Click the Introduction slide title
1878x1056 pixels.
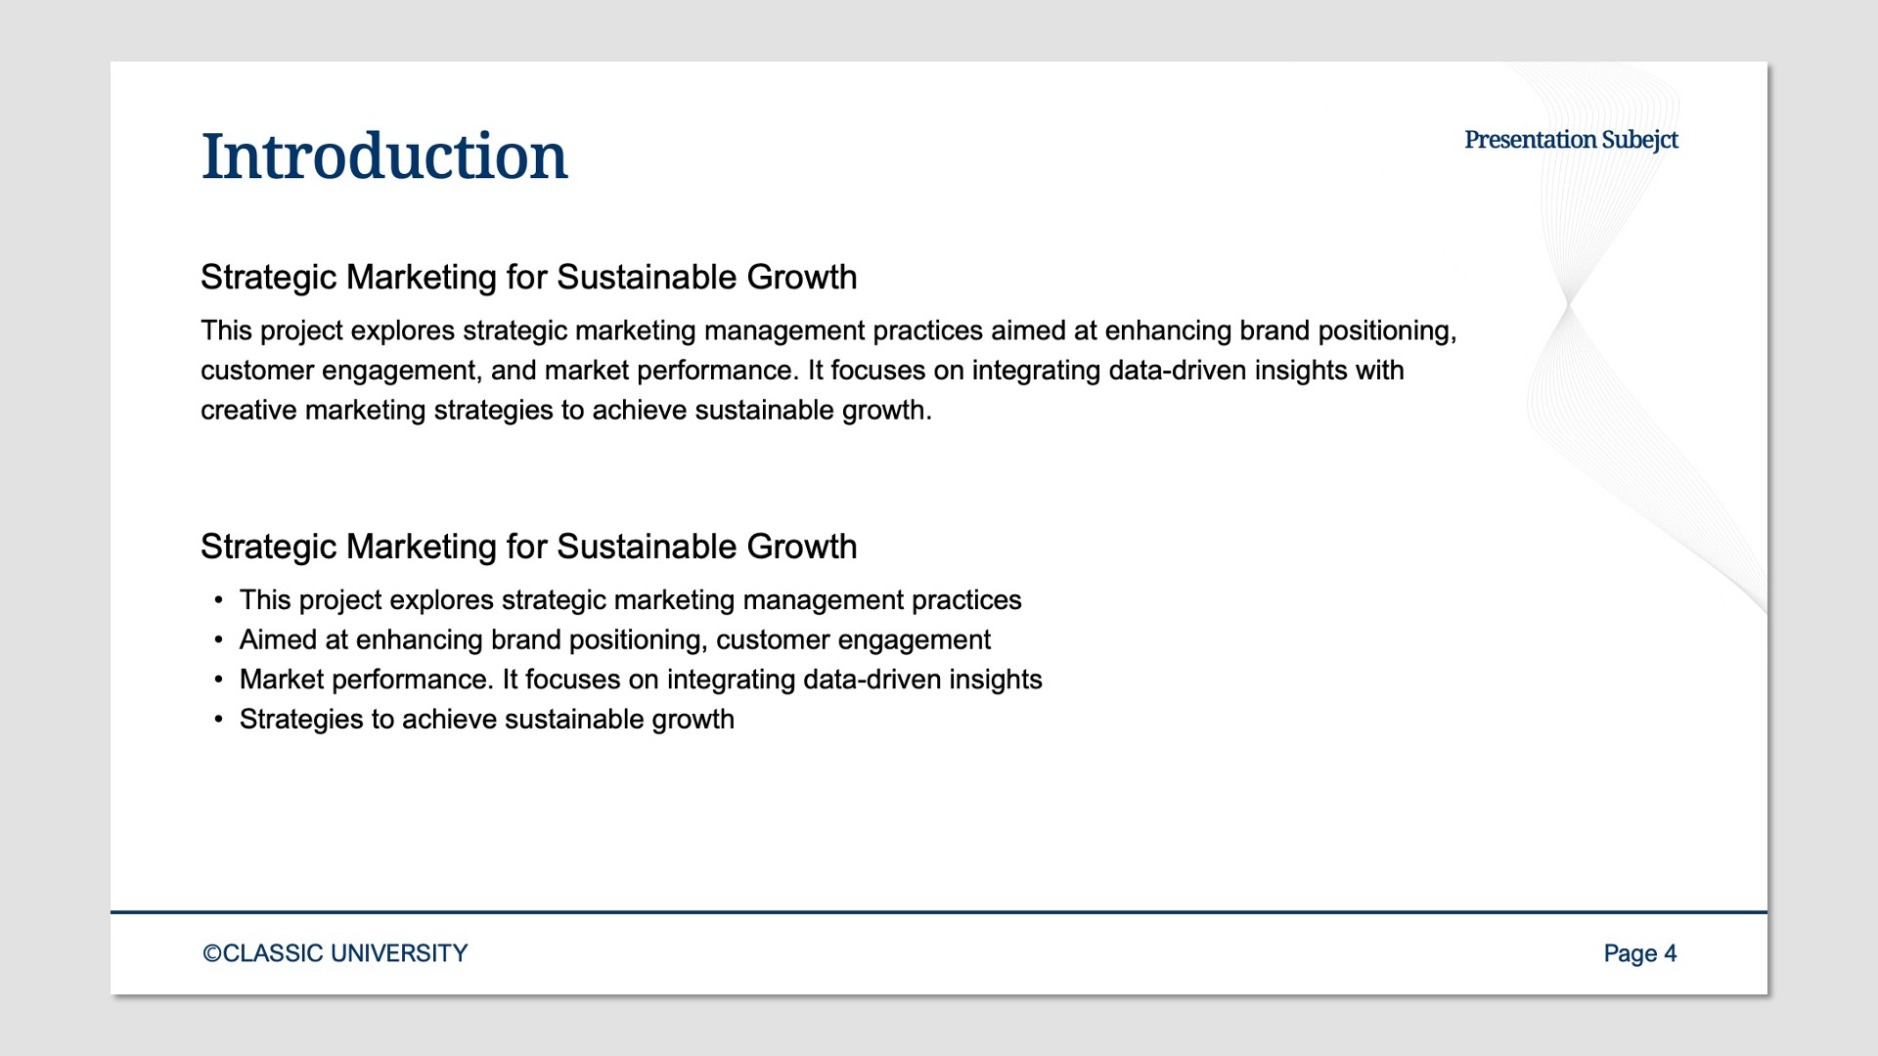(x=383, y=156)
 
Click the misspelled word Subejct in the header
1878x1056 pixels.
(x=1639, y=140)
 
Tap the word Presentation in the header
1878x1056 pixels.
(x=1530, y=140)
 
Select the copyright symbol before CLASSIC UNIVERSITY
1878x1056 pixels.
(x=211, y=953)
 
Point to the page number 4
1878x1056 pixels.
(x=1670, y=953)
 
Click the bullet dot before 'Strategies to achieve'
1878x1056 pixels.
(x=218, y=720)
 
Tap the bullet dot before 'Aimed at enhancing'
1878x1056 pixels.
(x=218, y=640)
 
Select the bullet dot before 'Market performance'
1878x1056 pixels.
(x=218, y=680)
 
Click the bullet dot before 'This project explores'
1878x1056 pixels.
(x=218, y=600)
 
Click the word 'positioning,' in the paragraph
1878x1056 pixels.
(x=1387, y=331)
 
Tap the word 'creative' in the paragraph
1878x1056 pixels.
(x=248, y=410)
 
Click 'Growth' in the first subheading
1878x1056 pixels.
(x=801, y=278)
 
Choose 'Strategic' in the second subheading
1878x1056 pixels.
(x=268, y=547)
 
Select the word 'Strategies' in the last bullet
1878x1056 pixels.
(x=301, y=720)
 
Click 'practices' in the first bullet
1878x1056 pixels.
(x=966, y=600)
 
